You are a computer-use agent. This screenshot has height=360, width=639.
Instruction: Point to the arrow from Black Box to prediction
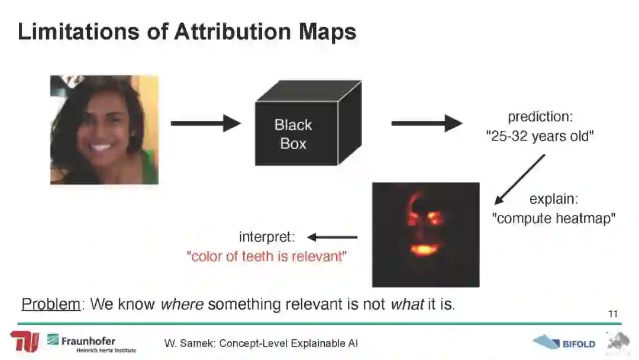(x=426, y=123)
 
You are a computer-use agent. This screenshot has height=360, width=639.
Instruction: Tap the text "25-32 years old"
(x=540, y=136)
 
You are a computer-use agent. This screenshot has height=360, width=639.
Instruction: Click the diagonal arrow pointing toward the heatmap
(x=519, y=179)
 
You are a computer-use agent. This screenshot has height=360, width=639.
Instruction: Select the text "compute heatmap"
(x=553, y=218)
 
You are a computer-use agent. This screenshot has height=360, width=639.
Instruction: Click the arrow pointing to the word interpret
(x=333, y=237)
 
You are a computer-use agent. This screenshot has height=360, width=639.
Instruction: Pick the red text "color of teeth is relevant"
(x=266, y=256)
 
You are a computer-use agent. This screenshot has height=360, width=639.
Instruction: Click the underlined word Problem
(x=51, y=304)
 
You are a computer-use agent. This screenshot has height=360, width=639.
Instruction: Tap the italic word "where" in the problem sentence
(x=182, y=304)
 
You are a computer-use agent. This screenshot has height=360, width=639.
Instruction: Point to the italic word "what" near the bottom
(x=407, y=304)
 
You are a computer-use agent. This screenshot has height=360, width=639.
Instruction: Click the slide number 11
(x=613, y=314)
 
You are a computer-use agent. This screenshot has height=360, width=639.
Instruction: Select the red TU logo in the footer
(x=24, y=342)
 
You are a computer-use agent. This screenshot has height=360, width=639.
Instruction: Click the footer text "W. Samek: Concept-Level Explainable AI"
(x=261, y=343)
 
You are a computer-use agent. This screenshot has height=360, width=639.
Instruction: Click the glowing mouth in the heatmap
(x=424, y=249)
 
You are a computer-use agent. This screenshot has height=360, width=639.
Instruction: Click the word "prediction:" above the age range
(x=540, y=117)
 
